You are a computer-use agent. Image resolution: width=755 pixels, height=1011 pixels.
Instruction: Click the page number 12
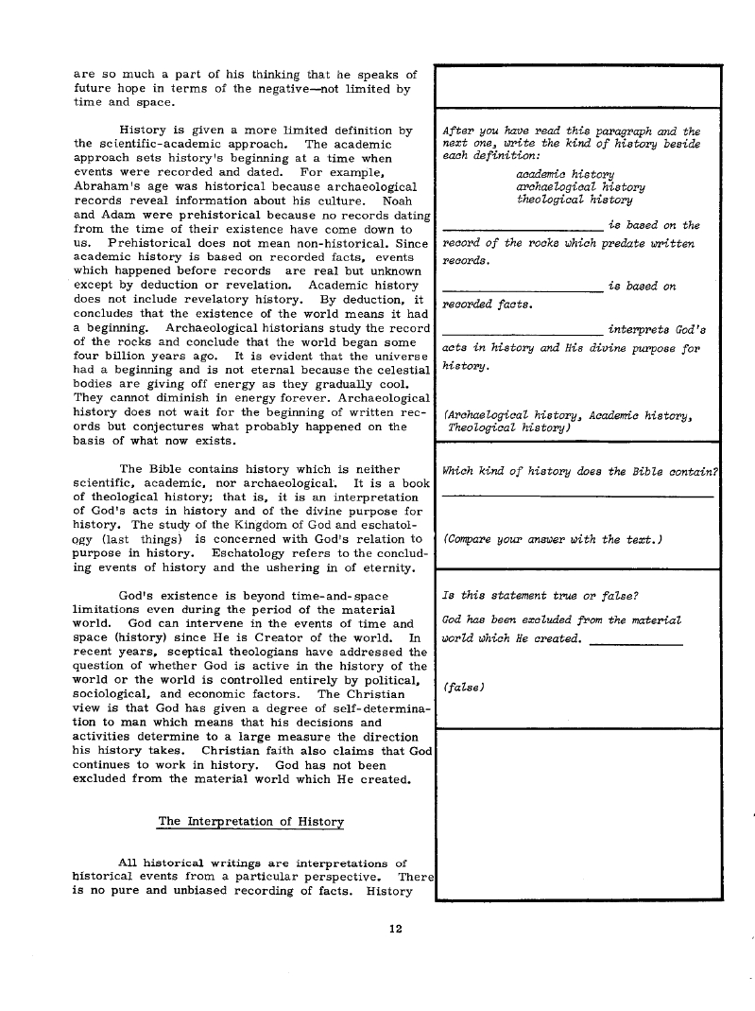pos(396,928)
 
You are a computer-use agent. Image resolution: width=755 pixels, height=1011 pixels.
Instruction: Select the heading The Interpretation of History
pos(250,822)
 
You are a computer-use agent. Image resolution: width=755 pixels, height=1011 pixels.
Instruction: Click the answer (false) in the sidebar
pos(462,687)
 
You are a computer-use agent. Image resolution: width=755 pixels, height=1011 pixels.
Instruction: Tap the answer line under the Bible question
pos(576,496)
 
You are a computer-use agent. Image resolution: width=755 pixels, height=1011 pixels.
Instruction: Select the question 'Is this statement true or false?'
pos(540,596)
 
